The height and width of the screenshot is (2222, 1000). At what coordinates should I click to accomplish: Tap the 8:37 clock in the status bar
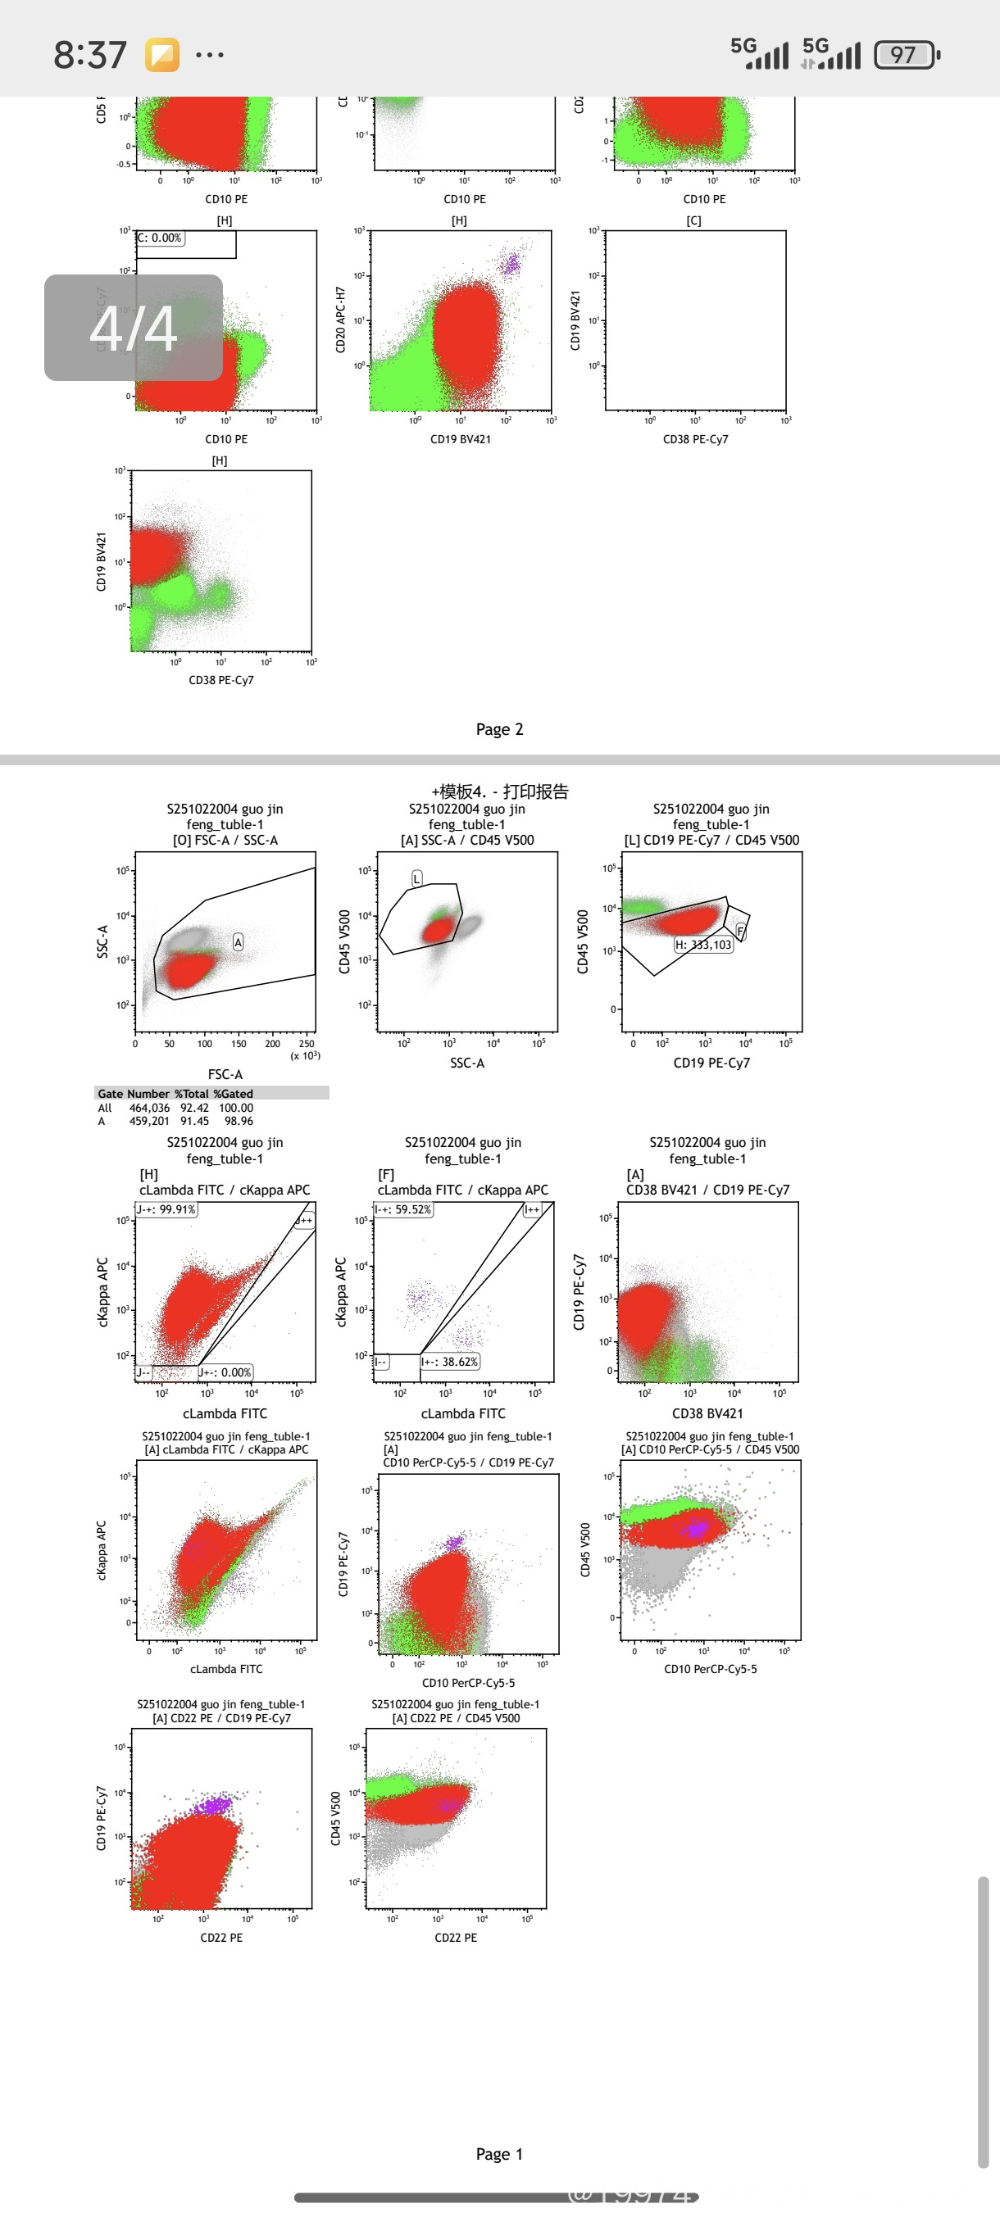point(89,55)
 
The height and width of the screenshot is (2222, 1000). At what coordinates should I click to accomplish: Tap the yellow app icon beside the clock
point(162,55)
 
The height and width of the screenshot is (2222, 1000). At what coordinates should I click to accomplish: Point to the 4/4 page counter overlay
point(134,328)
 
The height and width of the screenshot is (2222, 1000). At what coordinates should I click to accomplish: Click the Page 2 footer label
point(499,730)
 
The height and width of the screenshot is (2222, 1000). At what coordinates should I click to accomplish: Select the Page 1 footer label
point(499,2154)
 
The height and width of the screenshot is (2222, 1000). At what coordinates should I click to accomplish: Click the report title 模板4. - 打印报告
point(501,791)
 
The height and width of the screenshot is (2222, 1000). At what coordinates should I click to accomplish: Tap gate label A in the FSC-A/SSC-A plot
point(239,942)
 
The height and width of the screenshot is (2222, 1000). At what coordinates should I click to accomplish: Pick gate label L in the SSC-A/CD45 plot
point(416,878)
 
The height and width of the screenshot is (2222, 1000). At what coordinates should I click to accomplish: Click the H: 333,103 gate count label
point(703,945)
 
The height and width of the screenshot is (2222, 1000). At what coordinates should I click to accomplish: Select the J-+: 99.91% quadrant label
point(166,1209)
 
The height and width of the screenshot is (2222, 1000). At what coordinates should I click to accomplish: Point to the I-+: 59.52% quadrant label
point(403,1209)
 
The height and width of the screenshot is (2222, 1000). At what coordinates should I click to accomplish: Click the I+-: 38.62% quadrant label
point(449,1361)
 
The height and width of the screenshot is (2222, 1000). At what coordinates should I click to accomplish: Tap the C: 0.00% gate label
point(160,238)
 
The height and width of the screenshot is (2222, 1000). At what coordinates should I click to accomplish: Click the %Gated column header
point(233,1094)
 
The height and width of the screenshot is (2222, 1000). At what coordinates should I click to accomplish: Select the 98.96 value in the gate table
point(239,1122)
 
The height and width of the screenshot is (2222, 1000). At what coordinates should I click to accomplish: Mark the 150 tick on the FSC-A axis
point(239,1044)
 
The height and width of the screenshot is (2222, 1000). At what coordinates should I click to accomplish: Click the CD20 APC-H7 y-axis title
point(340,320)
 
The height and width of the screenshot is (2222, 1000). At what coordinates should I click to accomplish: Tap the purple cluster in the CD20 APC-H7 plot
point(511,264)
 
